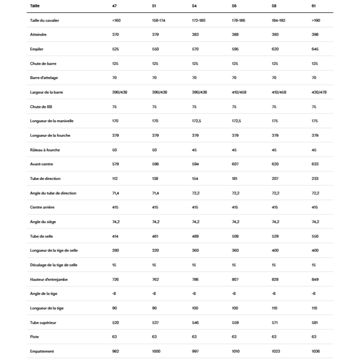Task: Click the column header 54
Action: point(194,6)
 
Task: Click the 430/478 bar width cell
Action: point(319,92)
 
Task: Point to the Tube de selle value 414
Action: point(116,236)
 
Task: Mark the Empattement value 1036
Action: point(317,351)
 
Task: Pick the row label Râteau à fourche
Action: point(42,149)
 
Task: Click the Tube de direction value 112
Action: point(115,178)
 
